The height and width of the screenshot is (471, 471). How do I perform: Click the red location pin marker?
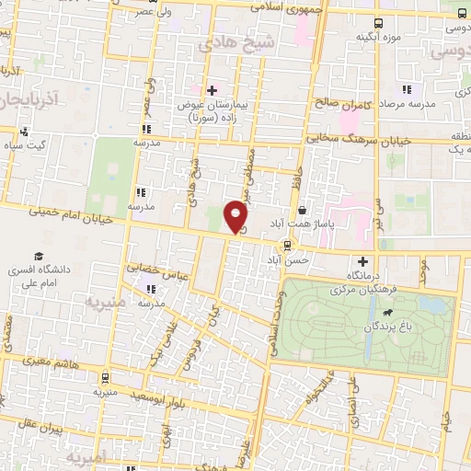236,216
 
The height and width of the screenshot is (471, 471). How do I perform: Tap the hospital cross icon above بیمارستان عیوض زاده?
212,90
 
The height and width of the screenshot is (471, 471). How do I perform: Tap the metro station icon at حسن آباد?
289,245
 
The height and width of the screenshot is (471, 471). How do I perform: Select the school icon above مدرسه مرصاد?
404,90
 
